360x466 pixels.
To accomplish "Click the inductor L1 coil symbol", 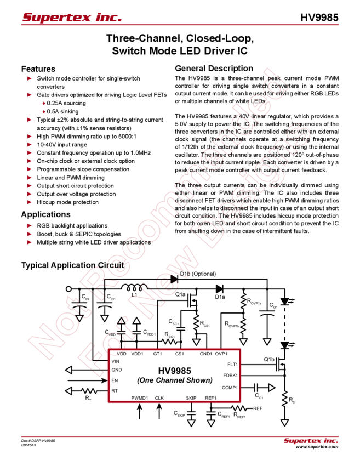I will pyautogui.click(x=134, y=287).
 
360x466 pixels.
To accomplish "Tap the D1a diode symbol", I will pyautogui.click(x=219, y=289).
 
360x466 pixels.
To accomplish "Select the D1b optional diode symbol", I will pyautogui.click(x=174, y=279).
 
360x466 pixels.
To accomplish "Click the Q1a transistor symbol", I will pyautogui.click(x=192, y=300).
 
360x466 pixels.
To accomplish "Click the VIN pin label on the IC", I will pyautogui.click(x=115, y=361).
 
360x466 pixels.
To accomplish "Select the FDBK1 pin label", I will pyautogui.click(x=230, y=376).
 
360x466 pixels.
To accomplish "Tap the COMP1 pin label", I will pyautogui.click(x=230, y=388).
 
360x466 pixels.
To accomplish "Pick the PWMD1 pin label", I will pyautogui.click(x=140, y=398).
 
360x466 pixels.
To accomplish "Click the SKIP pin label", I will pyautogui.click(x=191, y=398).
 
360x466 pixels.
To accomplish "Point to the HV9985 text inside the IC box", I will pyautogui.click(x=174, y=371).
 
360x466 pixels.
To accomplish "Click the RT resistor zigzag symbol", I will pyautogui.click(x=89, y=391).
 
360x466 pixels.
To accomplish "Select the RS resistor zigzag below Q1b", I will pyautogui.click(x=284, y=399).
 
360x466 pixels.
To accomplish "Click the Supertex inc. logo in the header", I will pyautogui.click(x=72, y=18).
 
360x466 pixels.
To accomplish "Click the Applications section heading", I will pyautogui.click(x=45, y=214).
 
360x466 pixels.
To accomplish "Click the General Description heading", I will pyautogui.click(x=214, y=69).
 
